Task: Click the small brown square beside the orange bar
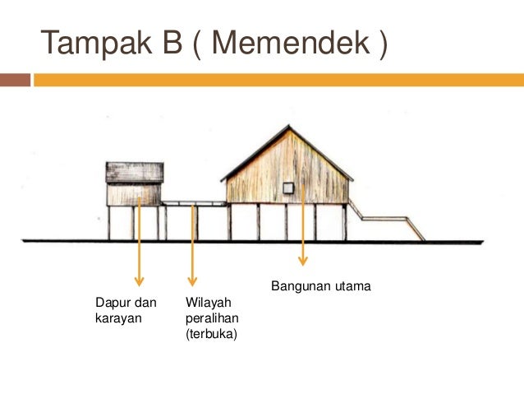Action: coord(15,80)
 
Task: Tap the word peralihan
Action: coord(209,318)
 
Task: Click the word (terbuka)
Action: coord(211,333)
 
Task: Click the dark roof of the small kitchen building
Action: coord(135,172)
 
